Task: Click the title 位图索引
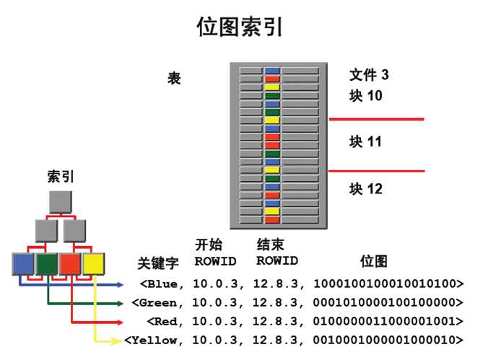click(240, 27)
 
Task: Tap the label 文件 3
click(369, 75)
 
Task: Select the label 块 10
click(366, 95)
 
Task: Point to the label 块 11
click(365, 141)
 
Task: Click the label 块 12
click(366, 188)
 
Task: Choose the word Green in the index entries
click(158, 302)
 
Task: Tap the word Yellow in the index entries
click(154, 340)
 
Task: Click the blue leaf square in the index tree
click(23, 264)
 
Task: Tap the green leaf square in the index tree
click(47, 264)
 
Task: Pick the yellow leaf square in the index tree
click(93, 264)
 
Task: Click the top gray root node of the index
click(61, 202)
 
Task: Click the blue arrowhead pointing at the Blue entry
click(120, 284)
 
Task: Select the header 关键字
click(158, 263)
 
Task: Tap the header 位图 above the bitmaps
click(374, 260)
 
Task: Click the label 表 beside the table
click(174, 78)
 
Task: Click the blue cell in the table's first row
click(272, 71)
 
